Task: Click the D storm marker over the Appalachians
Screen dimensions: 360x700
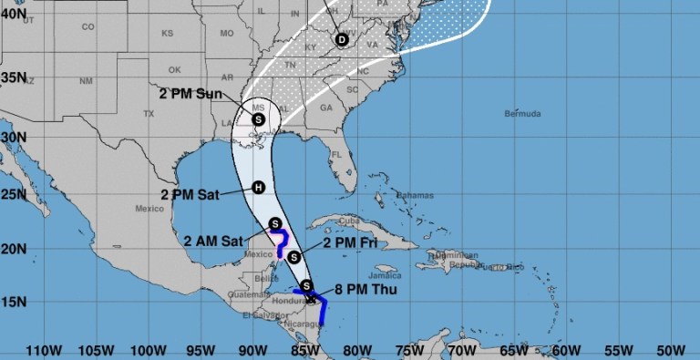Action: (x=342, y=39)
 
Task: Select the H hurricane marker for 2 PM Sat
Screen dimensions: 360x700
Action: (x=259, y=188)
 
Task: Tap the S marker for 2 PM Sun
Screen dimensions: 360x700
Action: (x=258, y=118)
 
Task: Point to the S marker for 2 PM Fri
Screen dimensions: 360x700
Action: (x=293, y=257)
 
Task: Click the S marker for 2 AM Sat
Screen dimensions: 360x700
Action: (x=276, y=223)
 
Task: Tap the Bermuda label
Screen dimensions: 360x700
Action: (x=523, y=114)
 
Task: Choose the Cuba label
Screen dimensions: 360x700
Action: (x=350, y=220)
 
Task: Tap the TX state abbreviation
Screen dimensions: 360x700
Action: (x=149, y=114)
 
